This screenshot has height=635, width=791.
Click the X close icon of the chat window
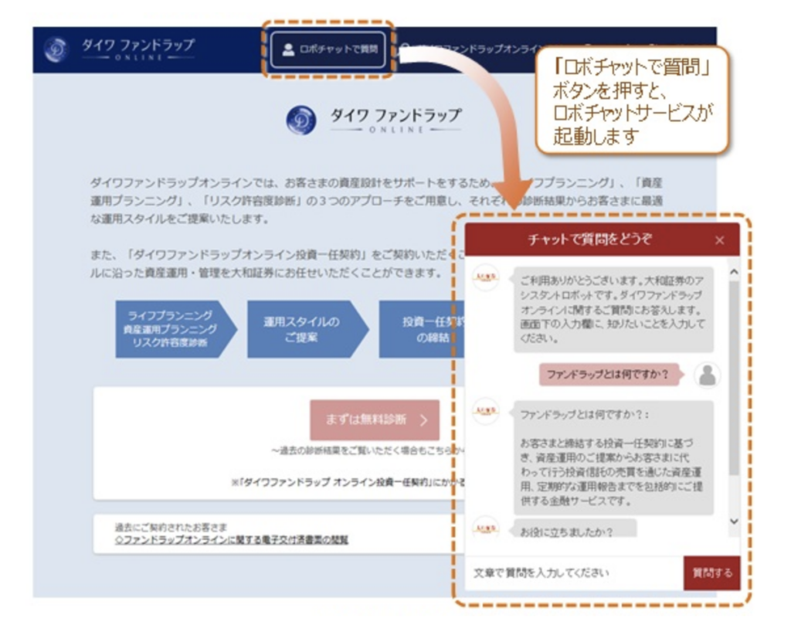[x=720, y=240]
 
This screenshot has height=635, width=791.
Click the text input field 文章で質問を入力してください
[x=572, y=573]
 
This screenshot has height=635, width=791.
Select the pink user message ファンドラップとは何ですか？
[x=606, y=375]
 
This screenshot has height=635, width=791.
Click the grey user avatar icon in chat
[x=707, y=375]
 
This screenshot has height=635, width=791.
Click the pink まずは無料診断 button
[x=375, y=419]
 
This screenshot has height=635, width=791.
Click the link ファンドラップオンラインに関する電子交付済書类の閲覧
[x=231, y=539]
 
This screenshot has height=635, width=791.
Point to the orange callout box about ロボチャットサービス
[x=633, y=100]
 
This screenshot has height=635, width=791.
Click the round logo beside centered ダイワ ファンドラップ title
[x=300, y=121]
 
